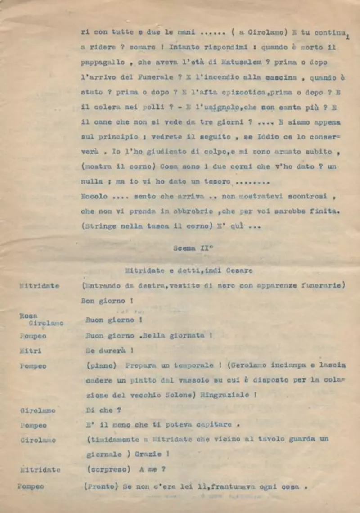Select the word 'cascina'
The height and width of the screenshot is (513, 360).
[x=280, y=77]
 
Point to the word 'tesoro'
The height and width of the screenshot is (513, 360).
[x=215, y=182]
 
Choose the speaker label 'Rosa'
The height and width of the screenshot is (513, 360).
[x=28, y=315]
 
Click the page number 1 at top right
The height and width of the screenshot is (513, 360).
[x=355, y=37]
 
